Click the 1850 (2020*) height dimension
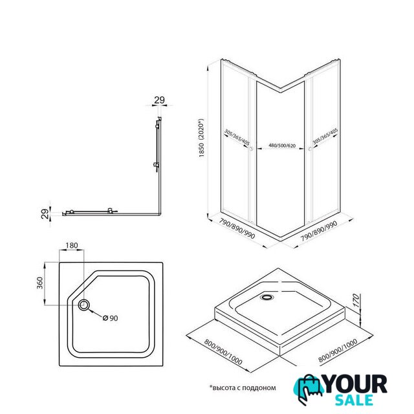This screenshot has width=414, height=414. click(x=201, y=138)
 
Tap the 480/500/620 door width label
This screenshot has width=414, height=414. click(x=282, y=145)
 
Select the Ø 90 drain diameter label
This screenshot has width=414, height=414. click(x=111, y=318)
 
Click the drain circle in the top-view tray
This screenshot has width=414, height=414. click(x=84, y=305)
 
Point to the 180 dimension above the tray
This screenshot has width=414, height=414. click(x=72, y=245)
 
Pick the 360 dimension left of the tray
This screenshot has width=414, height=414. click(x=39, y=283)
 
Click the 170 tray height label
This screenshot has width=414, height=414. click(x=356, y=300)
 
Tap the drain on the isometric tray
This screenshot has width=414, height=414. click(x=267, y=298)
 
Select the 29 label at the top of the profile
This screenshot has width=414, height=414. click(x=159, y=100)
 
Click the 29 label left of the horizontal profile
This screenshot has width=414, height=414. click(x=46, y=213)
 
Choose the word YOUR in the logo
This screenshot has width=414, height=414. click(x=356, y=385)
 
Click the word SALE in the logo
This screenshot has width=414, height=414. click(x=354, y=400)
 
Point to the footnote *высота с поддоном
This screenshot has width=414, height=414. click(x=243, y=388)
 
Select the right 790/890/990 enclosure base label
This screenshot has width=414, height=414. click(x=319, y=231)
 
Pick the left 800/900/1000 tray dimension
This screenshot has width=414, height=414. click(x=223, y=352)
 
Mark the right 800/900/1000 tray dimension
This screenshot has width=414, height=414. click(x=338, y=351)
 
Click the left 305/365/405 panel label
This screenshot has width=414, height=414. click(x=237, y=137)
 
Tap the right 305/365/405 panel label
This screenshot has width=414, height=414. click(x=325, y=136)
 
